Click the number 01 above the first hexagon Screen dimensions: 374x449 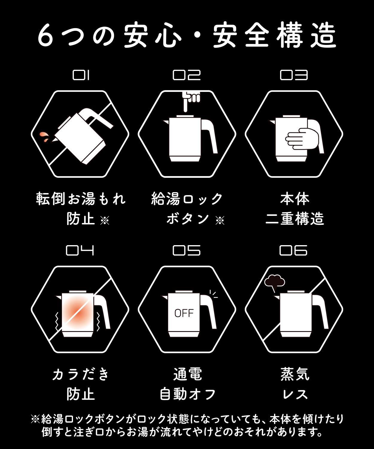pos(81,75)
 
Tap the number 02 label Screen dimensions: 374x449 pos(187,75)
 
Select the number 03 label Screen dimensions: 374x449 pos(294,75)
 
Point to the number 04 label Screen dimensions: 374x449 pos(80,251)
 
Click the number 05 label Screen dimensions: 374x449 pos(187,251)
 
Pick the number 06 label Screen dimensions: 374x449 pos(294,251)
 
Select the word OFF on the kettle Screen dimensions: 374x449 pos(184,313)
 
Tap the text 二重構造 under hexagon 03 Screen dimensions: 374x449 pos(295,219)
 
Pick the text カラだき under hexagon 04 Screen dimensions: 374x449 pos(80,374)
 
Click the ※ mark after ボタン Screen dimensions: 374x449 pos(220,220)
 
